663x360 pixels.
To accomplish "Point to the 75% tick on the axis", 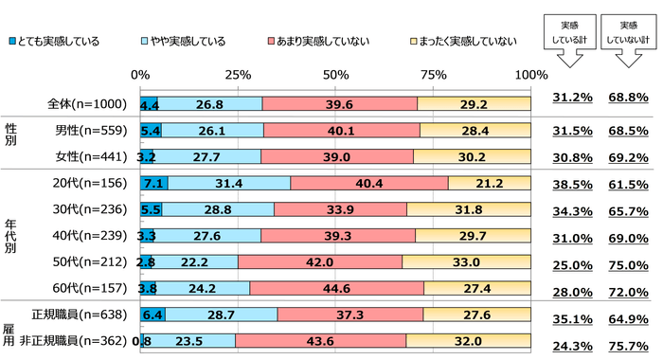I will [x=433, y=75].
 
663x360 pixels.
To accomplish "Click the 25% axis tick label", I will [x=238, y=75].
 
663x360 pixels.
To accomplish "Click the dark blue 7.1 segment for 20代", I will [x=152, y=182].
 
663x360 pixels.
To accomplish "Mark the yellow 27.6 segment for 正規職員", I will [x=478, y=314].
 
